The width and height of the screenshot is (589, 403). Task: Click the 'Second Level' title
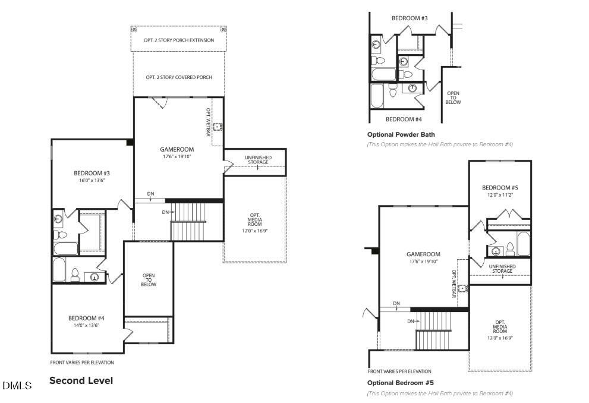81,380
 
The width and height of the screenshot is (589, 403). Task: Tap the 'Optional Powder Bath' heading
401,134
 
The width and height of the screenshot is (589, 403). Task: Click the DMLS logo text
17,386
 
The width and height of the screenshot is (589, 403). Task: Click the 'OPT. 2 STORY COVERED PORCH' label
178,77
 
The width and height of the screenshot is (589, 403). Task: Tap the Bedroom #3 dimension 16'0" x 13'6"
92,181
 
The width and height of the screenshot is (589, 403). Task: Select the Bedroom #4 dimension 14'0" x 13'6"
87,325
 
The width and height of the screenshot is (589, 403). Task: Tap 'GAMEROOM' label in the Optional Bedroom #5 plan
423,254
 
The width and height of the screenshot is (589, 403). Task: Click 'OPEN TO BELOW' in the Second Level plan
149,280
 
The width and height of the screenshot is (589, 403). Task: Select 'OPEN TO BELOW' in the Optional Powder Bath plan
453,97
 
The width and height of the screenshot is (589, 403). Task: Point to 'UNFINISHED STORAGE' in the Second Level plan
257,160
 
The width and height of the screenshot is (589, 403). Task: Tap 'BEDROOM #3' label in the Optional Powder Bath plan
410,18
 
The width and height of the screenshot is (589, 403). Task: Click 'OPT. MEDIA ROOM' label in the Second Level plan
255,222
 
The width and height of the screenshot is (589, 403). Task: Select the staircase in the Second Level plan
188,221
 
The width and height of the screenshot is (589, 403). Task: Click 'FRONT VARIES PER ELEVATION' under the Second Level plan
82,362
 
